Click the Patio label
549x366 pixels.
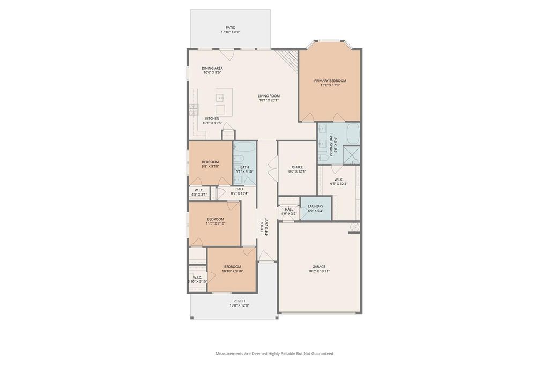231,28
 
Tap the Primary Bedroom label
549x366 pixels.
330,81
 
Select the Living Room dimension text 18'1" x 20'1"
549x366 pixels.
269,100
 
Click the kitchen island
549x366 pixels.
224,102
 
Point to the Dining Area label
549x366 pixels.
212,68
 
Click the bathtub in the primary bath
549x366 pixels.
353,133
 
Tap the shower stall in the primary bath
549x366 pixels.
352,155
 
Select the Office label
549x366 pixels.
297,167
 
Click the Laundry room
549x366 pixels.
316,208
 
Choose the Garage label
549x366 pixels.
319,267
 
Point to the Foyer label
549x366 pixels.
262,227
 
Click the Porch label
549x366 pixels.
239,301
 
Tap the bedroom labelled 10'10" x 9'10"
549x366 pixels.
232,269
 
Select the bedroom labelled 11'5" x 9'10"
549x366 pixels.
214,223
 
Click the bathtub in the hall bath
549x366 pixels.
244,147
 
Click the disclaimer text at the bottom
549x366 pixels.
274,353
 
